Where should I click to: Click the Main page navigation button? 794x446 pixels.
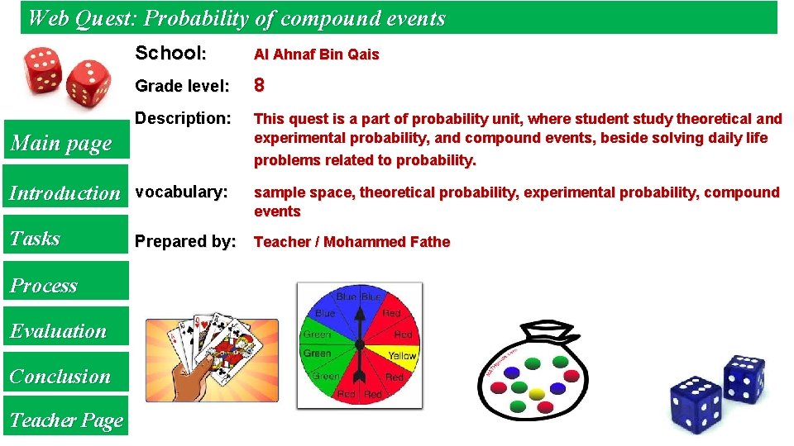point(60,144)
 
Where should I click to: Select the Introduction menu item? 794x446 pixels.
point(65,193)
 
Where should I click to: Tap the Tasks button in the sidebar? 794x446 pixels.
point(36,239)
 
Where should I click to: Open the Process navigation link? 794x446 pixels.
point(44,286)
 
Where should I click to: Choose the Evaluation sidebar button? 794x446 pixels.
point(59,331)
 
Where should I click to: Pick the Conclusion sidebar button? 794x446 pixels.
point(60,377)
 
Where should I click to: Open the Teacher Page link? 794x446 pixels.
point(66,420)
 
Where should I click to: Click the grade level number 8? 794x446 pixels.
point(259,85)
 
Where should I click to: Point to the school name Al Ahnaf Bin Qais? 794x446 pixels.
point(316,55)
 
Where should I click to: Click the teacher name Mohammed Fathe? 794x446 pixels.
point(387,242)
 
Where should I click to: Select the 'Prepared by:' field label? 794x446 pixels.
point(185,242)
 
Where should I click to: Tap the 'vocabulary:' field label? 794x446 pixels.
point(181,192)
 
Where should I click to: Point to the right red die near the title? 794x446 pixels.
point(88,84)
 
